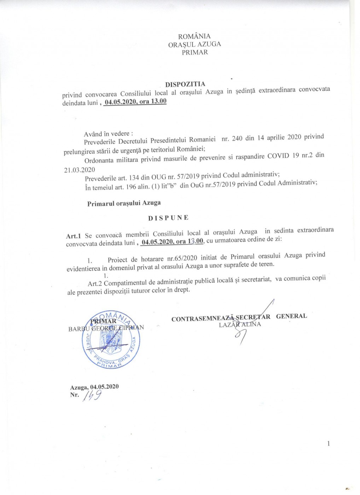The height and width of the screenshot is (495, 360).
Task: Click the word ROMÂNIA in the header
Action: coord(194,36)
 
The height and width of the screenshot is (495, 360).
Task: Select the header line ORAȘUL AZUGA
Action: coord(194,45)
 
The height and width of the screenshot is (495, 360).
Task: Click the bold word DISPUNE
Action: coord(168,218)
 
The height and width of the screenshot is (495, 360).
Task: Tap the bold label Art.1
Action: coord(74,235)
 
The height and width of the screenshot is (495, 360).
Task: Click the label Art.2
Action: coord(95,283)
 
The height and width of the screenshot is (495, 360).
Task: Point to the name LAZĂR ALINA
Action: coord(240,325)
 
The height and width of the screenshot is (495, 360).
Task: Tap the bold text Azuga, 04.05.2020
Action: coord(94,387)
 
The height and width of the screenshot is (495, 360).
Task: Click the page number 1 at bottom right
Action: coord(329,444)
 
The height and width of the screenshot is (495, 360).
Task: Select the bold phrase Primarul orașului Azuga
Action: coord(124,203)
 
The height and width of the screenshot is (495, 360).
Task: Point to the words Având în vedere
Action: coord(108,134)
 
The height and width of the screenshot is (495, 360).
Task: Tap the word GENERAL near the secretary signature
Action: coord(291,316)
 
